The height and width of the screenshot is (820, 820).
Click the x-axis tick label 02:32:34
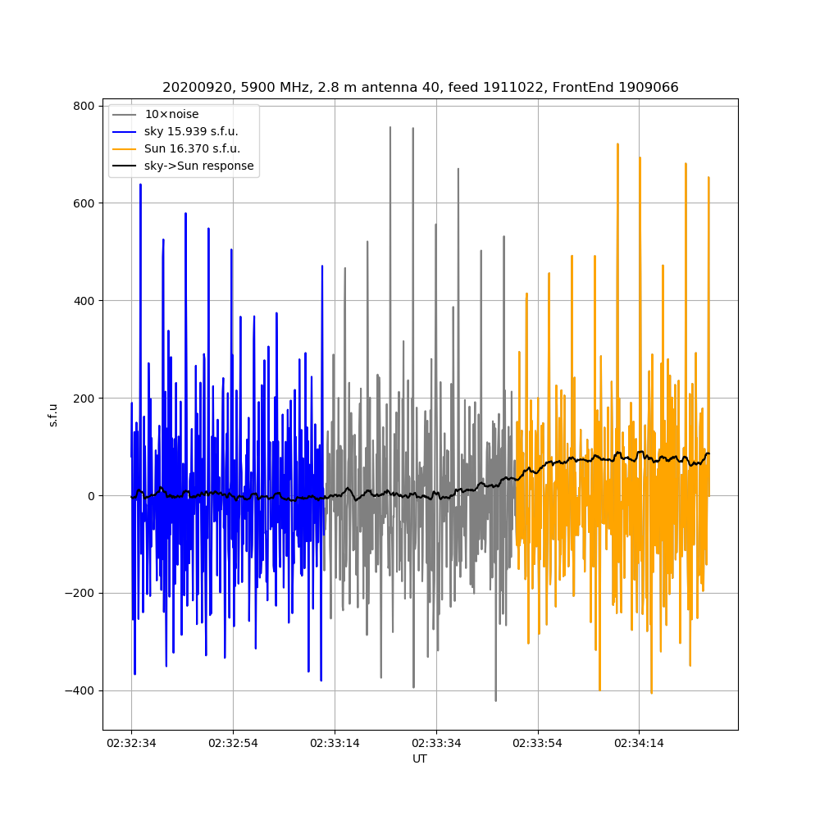point(131,743)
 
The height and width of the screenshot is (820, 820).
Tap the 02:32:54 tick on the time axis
point(233,743)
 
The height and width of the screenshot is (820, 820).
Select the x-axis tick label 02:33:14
point(335,743)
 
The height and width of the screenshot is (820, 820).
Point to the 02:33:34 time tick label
point(436,743)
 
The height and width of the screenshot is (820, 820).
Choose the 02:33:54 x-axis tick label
point(538,743)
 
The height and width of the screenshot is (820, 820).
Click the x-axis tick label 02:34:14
point(640,743)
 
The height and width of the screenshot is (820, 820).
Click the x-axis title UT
point(420,758)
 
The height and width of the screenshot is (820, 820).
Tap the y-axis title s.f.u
point(53,414)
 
